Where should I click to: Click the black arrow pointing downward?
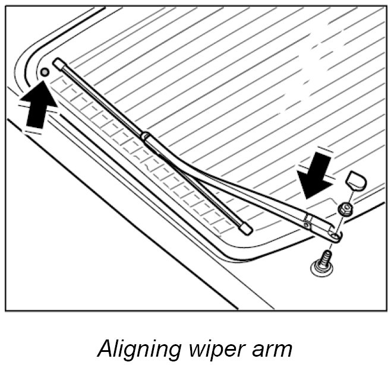click(x=317, y=175)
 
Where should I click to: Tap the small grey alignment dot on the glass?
click(x=44, y=72)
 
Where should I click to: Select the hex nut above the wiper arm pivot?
click(x=344, y=208)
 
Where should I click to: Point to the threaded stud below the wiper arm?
click(x=325, y=260)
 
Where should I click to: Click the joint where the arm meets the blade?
click(x=145, y=137)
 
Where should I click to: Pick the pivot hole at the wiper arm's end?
click(x=335, y=237)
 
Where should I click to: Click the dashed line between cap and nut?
click(x=351, y=195)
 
